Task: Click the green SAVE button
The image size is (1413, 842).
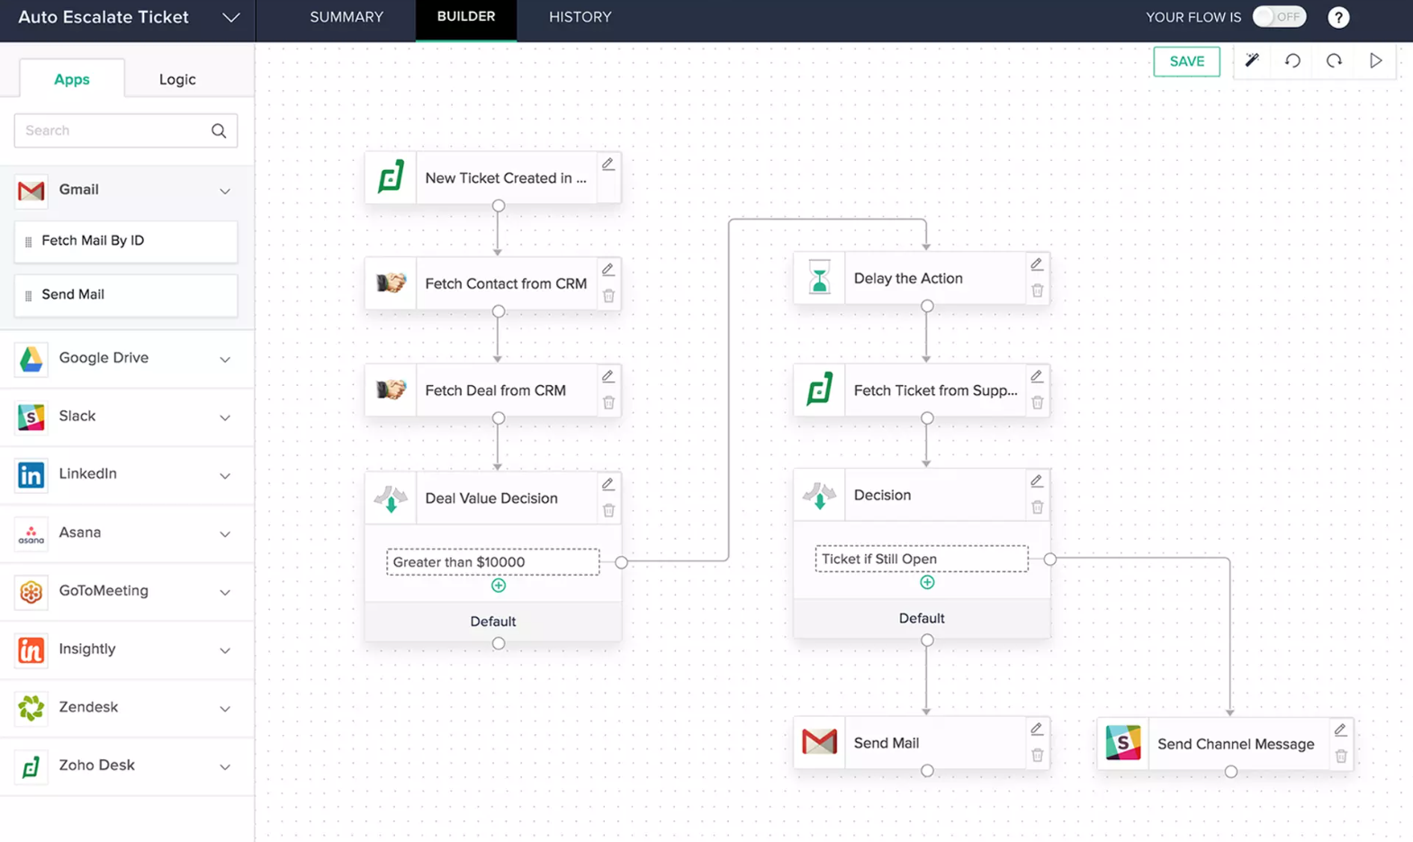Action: click(x=1186, y=61)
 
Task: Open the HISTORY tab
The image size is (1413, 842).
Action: click(x=580, y=17)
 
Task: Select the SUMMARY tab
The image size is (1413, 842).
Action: click(x=346, y=17)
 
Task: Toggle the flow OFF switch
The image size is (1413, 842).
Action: click(x=1279, y=17)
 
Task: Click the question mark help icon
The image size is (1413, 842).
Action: click(x=1338, y=18)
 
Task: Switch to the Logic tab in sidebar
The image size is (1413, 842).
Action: click(x=177, y=79)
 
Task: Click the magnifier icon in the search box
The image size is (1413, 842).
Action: click(x=219, y=130)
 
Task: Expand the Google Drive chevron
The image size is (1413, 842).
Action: click(x=225, y=360)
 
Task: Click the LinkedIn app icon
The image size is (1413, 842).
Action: click(x=31, y=475)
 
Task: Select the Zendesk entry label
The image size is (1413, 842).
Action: click(x=88, y=707)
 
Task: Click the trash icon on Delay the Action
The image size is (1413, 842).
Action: click(x=1037, y=291)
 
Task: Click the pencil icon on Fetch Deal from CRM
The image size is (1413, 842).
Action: click(x=607, y=377)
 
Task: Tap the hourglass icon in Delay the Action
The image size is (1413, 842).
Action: click(x=819, y=278)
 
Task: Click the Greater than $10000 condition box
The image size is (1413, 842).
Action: click(x=492, y=562)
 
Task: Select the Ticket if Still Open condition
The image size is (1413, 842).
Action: click(x=922, y=559)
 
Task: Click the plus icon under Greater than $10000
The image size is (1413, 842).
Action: click(x=499, y=586)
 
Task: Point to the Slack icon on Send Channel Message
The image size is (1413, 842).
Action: click(x=1123, y=743)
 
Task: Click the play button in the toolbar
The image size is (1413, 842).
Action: click(x=1376, y=60)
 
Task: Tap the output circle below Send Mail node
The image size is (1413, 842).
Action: click(x=927, y=771)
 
